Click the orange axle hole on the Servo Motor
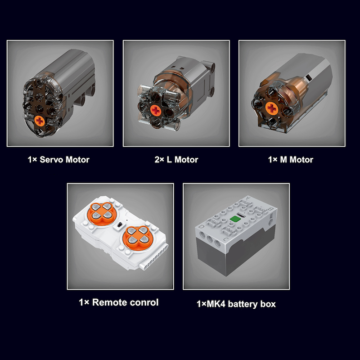tap(40, 121)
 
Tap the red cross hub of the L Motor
tap(156, 110)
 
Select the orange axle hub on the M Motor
tap(272, 108)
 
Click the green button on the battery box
tap(235, 219)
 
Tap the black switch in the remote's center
tap(119, 225)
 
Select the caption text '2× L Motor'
tap(176, 160)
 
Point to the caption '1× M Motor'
tap(291, 160)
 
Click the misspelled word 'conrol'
tap(144, 302)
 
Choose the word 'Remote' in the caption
tap(110, 302)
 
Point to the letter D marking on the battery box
tap(202, 226)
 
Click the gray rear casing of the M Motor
tap(310, 73)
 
